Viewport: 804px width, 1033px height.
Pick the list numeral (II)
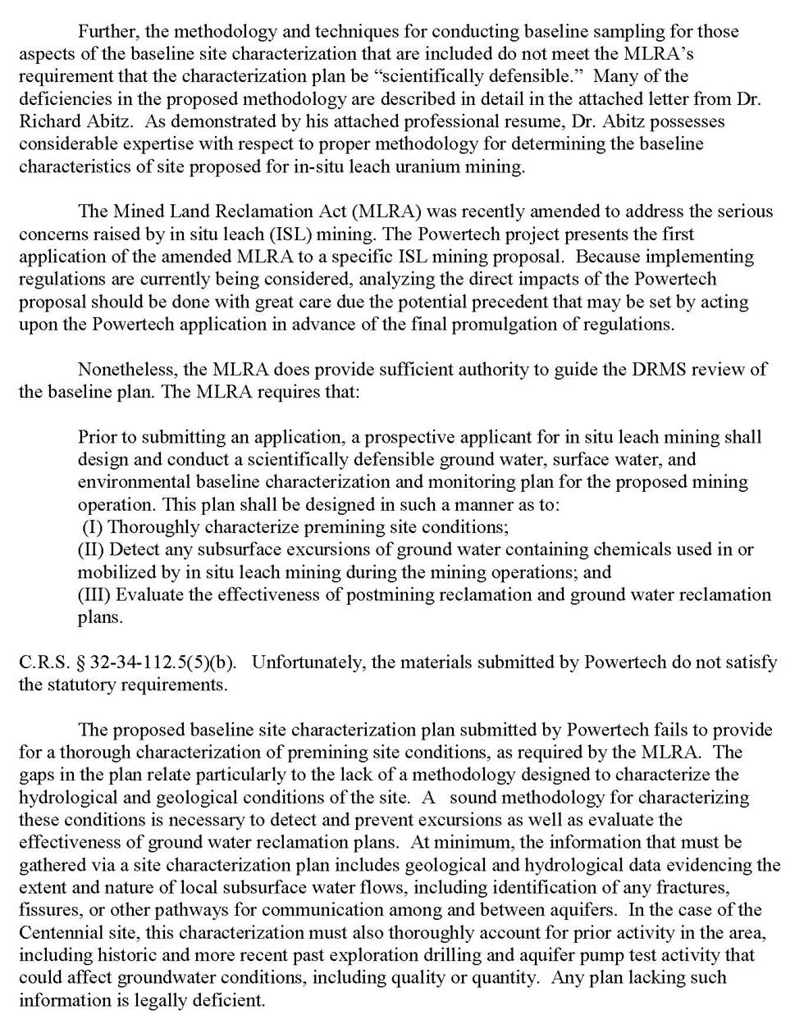[x=92, y=549]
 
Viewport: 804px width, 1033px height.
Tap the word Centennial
[x=61, y=932]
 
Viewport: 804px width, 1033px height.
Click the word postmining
[x=398, y=594]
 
